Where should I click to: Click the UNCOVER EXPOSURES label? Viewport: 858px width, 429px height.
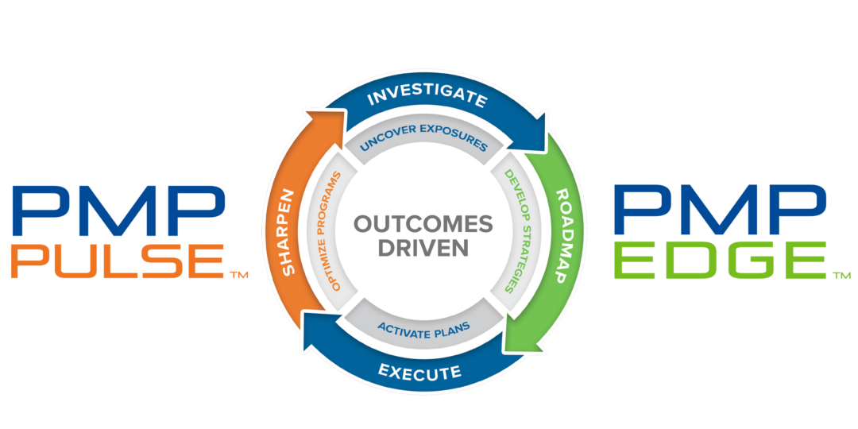(x=423, y=145)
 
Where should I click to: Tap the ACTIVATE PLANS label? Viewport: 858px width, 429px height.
(x=423, y=327)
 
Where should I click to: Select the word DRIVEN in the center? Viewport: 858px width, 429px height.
(x=423, y=249)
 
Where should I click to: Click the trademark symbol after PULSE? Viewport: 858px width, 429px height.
(x=238, y=276)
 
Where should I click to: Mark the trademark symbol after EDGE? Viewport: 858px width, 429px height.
(x=841, y=276)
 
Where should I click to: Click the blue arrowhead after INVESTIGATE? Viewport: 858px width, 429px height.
(x=539, y=135)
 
